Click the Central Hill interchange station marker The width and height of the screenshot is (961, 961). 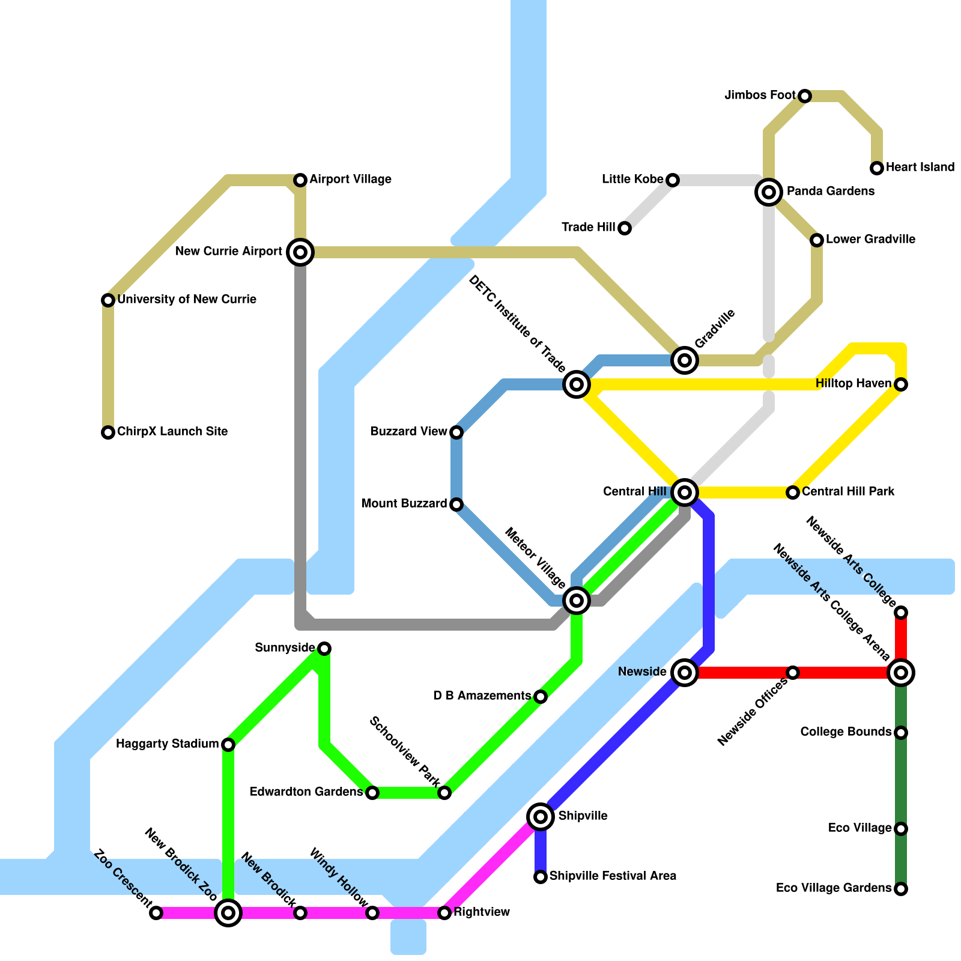point(684,493)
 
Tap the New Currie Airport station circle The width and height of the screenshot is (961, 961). point(300,252)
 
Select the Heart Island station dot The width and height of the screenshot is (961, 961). point(877,168)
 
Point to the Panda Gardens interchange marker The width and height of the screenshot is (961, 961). point(768,192)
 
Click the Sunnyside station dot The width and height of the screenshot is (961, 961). point(324,649)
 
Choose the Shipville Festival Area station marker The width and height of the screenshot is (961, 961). point(541,877)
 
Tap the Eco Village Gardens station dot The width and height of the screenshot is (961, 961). point(901,889)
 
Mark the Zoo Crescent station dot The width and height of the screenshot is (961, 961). point(156,913)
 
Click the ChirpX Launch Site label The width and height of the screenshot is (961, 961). point(172,432)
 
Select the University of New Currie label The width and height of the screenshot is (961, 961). point(187,300)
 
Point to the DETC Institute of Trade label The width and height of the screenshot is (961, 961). point(517,324)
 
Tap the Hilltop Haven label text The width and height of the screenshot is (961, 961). point(853,384)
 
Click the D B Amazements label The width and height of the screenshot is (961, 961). point(482,696)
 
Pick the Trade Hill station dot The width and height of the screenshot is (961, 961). point(625,228)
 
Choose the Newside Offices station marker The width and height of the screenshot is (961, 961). point(793,673)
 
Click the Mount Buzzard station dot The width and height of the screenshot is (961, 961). point(456,505)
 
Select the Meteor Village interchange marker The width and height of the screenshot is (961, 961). point(576,600)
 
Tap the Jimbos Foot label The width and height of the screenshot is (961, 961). point(760,95)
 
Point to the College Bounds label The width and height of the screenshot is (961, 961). point(846,732)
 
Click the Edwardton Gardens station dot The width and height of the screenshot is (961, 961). point(372,793)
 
